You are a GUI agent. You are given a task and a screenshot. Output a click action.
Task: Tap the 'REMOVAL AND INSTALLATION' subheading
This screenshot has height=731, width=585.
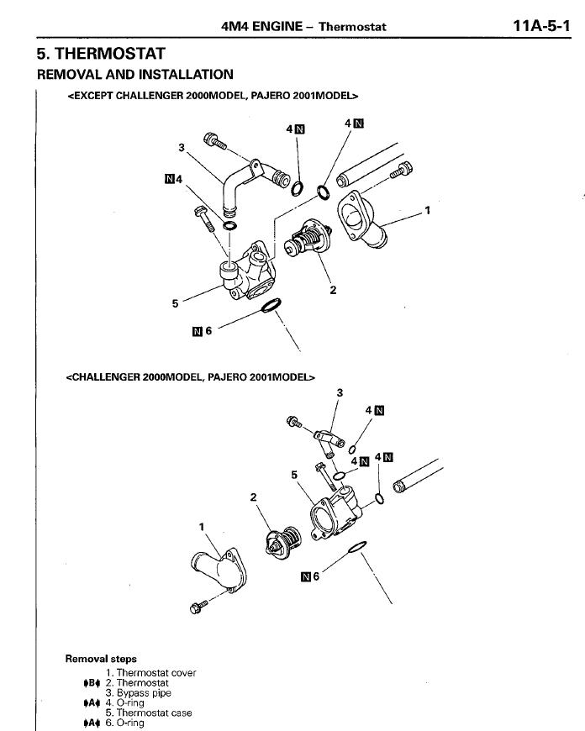pos(135,75)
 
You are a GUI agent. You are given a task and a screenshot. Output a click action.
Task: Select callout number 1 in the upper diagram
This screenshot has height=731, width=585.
pos(427,210)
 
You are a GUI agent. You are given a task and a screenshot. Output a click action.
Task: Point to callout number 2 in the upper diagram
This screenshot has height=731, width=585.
pos(334,291)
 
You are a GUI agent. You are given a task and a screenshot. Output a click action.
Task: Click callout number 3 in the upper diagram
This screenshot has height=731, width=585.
pos(181,148)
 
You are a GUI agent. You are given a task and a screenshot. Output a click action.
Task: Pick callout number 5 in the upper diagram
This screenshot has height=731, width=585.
pos(176,304)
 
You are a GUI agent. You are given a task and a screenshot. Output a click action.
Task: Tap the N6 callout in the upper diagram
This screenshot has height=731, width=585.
pos(203,331)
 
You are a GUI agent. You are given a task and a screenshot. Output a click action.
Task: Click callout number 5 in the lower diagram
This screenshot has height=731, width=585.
pos(294,475)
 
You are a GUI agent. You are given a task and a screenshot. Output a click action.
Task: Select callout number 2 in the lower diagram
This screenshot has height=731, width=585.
pos(254,497)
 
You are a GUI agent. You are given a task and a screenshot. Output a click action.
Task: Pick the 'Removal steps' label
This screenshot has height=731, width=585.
pos(101,660)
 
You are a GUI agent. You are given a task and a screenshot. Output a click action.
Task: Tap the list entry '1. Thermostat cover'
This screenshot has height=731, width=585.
pos(150,673)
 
